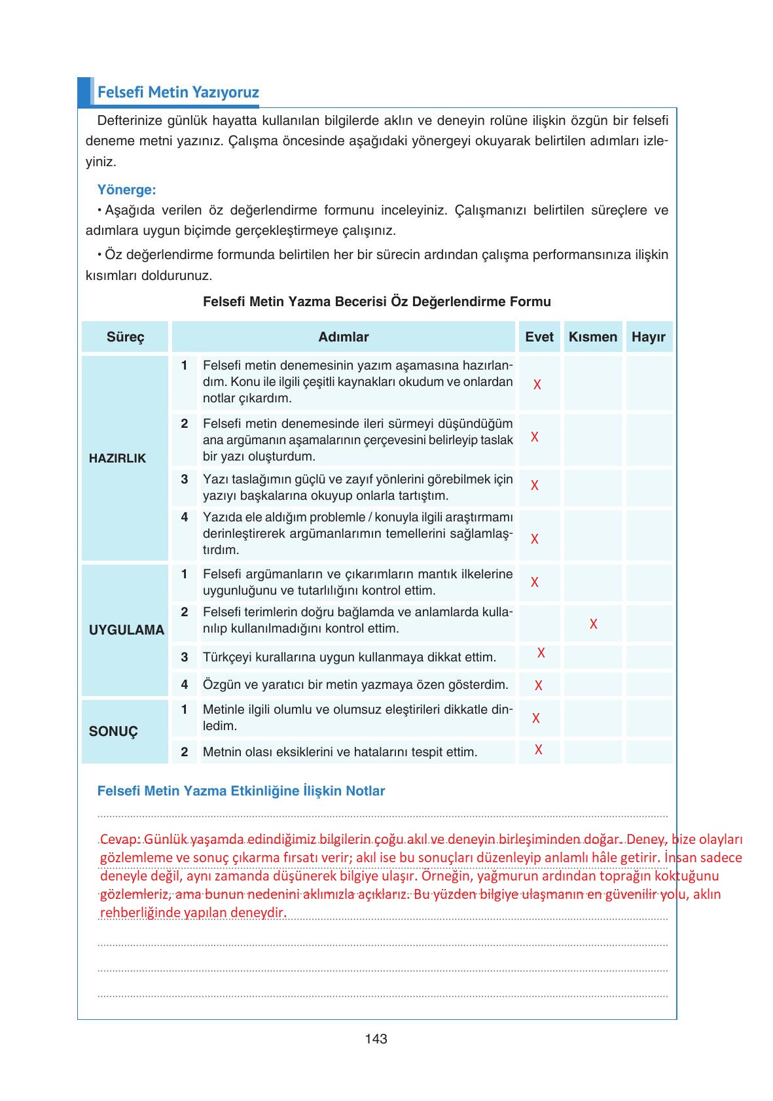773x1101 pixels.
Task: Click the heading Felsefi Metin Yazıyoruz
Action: pos(178,92)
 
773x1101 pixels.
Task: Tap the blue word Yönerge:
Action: pos(126,190)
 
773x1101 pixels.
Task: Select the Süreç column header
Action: pos(125,337)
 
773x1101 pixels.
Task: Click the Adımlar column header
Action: pos(344,337)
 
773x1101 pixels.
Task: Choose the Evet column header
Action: pos(539,337)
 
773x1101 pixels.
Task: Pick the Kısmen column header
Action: pos(592,337)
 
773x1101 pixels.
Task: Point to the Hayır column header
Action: pos(648,337)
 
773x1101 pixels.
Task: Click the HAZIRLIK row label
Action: pos(118,458)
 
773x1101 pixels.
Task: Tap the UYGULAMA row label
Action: pos(126,630)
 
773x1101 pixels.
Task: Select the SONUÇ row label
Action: pos(113,731)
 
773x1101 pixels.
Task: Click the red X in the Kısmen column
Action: pos(593,624)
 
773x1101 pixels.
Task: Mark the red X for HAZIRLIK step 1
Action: pos(537,385)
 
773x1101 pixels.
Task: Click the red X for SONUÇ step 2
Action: pos(538,750)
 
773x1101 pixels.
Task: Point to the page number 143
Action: pos(376,1039)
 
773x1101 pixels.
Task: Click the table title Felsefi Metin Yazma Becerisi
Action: pos(376,302)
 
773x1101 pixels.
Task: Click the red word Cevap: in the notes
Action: pos(120,839)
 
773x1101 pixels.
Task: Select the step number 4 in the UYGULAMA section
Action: pos(185,684)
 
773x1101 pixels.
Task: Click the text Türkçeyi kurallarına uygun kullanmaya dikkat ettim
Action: pos(350,657)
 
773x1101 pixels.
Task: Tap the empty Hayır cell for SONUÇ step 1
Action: pos(649,718)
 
